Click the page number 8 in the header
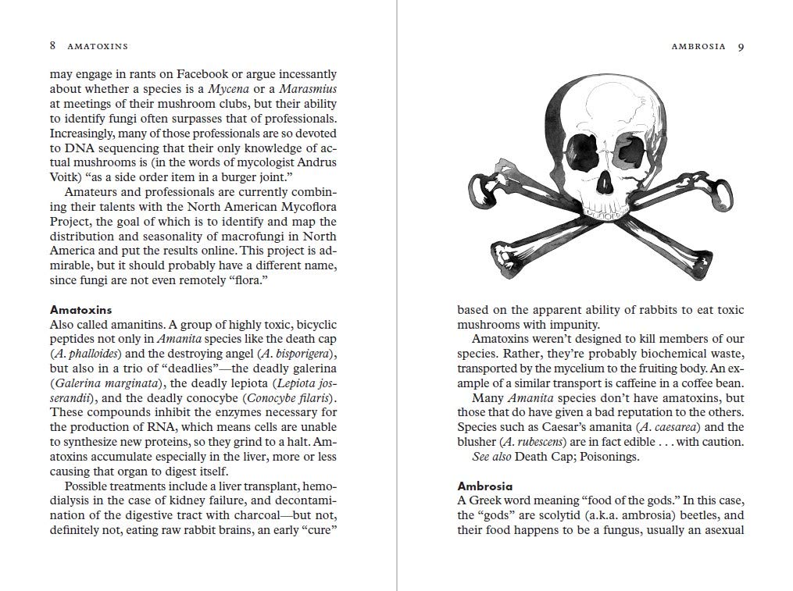pyautogui.click(x=52, y=46)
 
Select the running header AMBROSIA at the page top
pyautogui.click(x=698, y=47)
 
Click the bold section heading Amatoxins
pyautogui.click(x=81, y=310)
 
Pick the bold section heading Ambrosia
pyautogui.click(x=484, y=485)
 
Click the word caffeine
pyautogui.click(x=659, y=383)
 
